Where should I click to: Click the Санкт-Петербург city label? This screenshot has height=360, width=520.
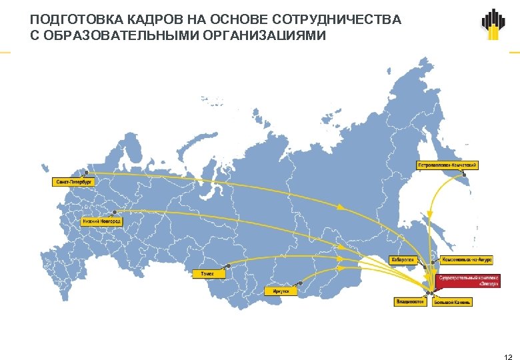point(73,181)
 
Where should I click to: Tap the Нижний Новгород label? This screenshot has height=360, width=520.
point(101,221)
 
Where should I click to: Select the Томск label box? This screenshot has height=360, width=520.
point(208,274)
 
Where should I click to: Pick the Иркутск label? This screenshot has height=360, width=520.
point(281,291)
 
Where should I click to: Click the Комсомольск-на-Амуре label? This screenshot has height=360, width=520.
point(466,260)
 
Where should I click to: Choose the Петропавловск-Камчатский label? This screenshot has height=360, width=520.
point(447,165)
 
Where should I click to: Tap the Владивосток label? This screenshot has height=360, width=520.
point(410,302)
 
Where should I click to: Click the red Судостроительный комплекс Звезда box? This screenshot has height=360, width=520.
point(468,280)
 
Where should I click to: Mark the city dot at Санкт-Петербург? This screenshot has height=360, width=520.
point(85,172)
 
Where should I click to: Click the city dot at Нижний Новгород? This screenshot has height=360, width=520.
point(114,212)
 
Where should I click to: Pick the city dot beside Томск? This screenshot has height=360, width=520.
point(228,266)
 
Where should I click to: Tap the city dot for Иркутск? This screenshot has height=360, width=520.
point(300,283)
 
